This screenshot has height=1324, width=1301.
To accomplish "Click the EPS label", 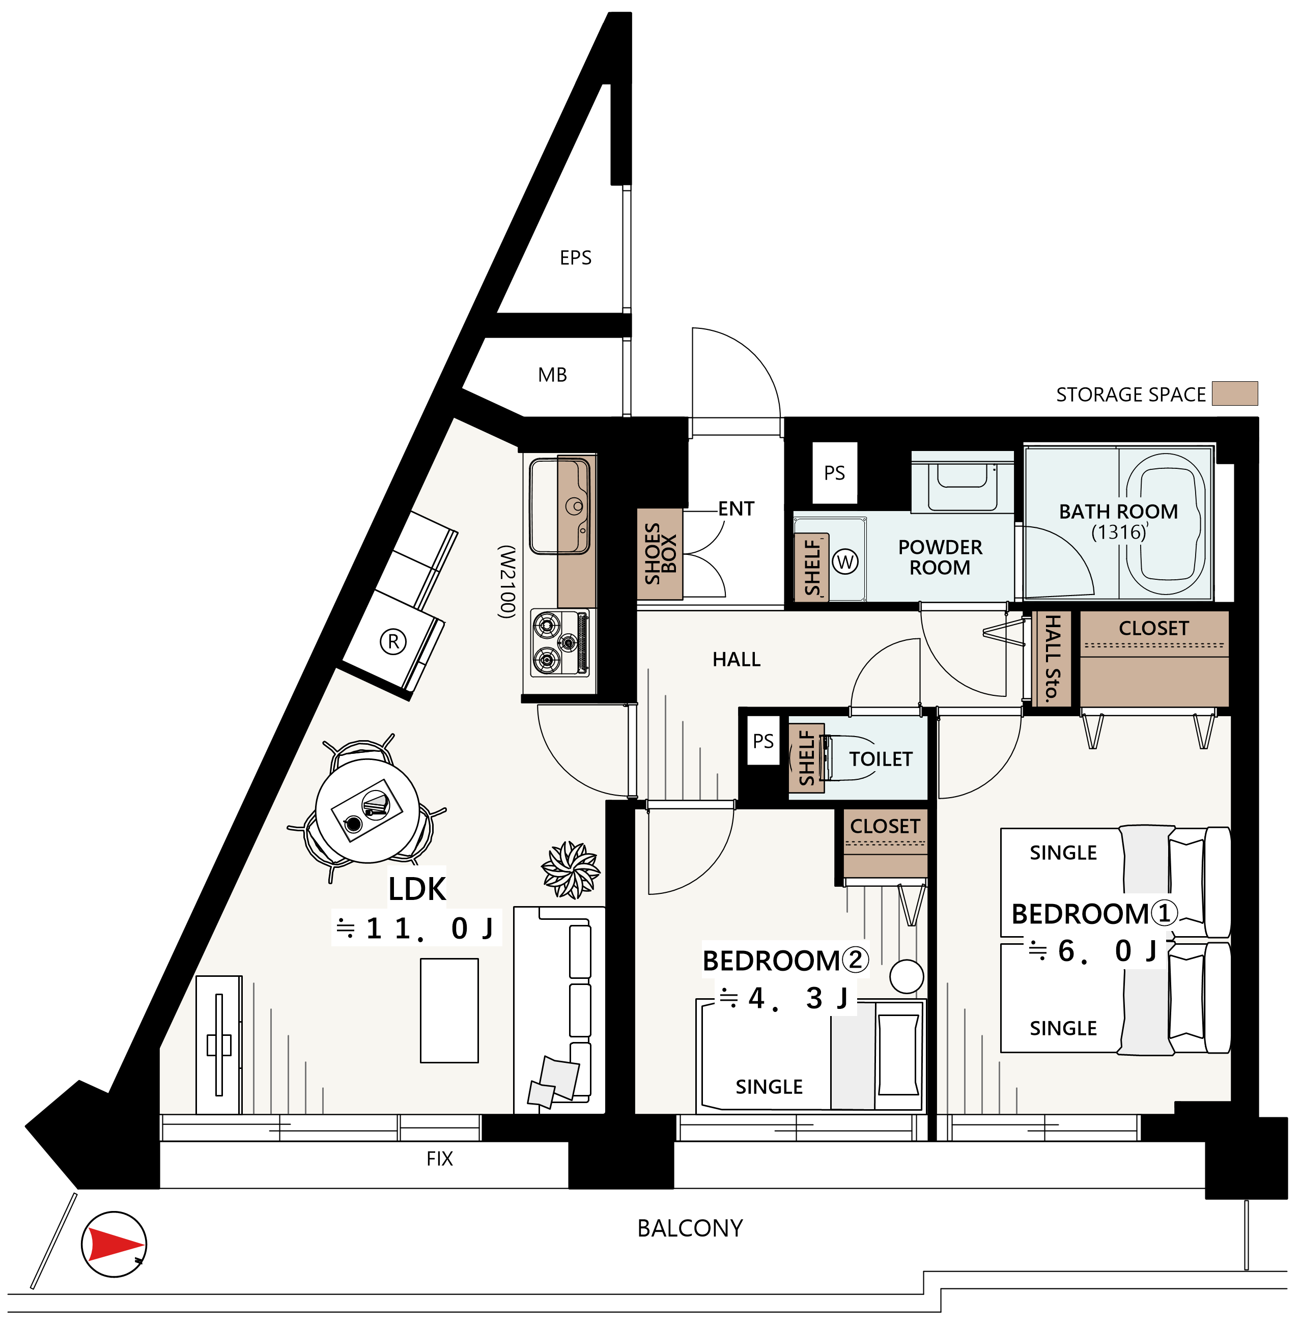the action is coord(575,258).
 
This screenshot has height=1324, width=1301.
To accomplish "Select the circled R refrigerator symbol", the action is coord(393,641).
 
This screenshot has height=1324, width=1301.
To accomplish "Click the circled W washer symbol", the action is coord(845,561).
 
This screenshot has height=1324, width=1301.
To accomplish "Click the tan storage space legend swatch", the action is coord(1235,393).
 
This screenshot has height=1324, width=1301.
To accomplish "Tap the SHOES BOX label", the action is coord(660,553).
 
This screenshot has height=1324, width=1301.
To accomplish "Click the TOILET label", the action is coord(880,759).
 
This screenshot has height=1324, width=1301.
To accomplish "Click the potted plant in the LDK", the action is coord(571,869).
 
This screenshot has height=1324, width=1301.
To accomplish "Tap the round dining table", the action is coord(367,811).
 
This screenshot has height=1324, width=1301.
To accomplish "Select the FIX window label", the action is coord(439,1159).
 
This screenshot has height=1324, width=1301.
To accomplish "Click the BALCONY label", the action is coord(690,1228).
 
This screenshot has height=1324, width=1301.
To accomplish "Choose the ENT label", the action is coord(736,509).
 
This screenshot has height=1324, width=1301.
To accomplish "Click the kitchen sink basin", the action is coord(559,506).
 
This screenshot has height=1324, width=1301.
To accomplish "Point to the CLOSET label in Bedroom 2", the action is coord(885,826).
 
